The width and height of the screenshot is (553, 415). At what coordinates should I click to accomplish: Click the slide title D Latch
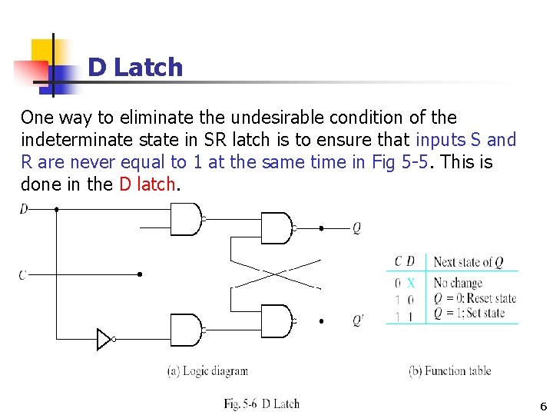click(x=135, y=68)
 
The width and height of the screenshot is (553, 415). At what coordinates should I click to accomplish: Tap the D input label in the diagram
click(x=24, y=208)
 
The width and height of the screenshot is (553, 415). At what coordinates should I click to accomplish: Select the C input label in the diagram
click(x=23, y=274)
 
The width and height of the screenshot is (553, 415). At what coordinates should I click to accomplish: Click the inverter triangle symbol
click(x=104, y=339)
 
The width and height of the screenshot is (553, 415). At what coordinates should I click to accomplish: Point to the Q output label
click(x=356, y=228)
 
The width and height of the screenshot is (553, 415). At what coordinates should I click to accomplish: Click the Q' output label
click(x=358, y=320)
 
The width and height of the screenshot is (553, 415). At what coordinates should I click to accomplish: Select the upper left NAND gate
click(x=185, y=219)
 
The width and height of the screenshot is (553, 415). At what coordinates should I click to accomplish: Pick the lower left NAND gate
click(x=185, y=330)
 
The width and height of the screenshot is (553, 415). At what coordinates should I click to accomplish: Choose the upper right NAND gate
click(x=276, y=228)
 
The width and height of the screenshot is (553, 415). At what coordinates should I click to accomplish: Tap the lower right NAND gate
click(x=276, y=320)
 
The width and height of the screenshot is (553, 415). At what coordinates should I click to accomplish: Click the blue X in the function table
click(x=410, y=283)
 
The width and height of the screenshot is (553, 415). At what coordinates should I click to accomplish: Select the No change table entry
click(x=458, y=283)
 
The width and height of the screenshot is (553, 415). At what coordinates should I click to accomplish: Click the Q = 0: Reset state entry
click(x=475, y=298)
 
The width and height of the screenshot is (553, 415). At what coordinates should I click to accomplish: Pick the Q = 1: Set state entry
click(x=469, y=313)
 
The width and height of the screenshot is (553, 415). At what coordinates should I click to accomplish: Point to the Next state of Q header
click(x=469, y=262)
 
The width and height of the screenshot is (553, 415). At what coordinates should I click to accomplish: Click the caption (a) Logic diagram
click(x=207, y=371)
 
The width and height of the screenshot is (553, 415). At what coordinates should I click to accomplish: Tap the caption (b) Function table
click(x=450, y=371)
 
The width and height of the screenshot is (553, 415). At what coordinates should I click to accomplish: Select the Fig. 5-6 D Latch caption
click(x=261, y=403)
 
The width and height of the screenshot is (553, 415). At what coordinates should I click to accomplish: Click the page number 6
click(x=543, y=407)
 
